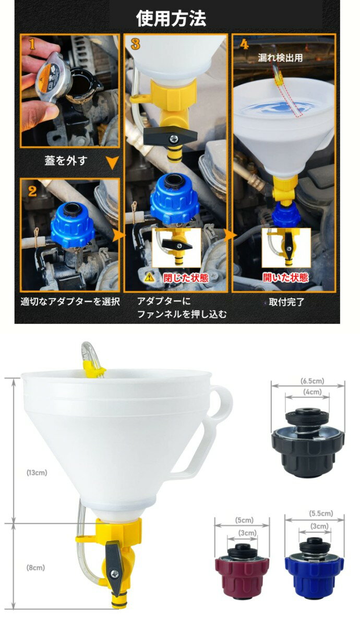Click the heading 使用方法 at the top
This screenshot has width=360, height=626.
(x=171, y=18)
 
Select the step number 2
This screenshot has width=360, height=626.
(x=32, y=190)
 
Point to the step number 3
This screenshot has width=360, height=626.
(x=135, y=44)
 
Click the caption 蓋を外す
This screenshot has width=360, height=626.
(x=66, y=161)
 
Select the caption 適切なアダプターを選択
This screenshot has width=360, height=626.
(x=70, y=302)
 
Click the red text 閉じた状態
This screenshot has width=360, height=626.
(x=186, y=278)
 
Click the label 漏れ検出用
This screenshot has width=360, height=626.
(x=280, y=58)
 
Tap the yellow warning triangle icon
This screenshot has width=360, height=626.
(x=150, y=278)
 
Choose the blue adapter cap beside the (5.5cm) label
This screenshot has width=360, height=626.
(x=315, y=566)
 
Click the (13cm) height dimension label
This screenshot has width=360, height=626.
(x=37, y=473)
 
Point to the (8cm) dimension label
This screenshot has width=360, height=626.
(x=36, y=567)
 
